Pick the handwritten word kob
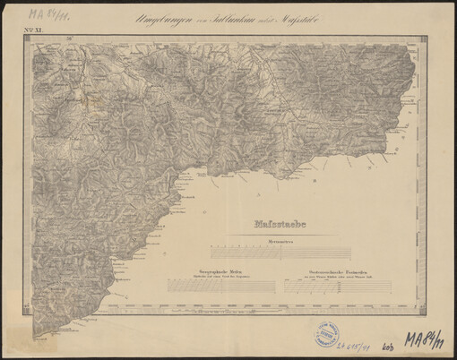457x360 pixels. coord(388,349)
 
